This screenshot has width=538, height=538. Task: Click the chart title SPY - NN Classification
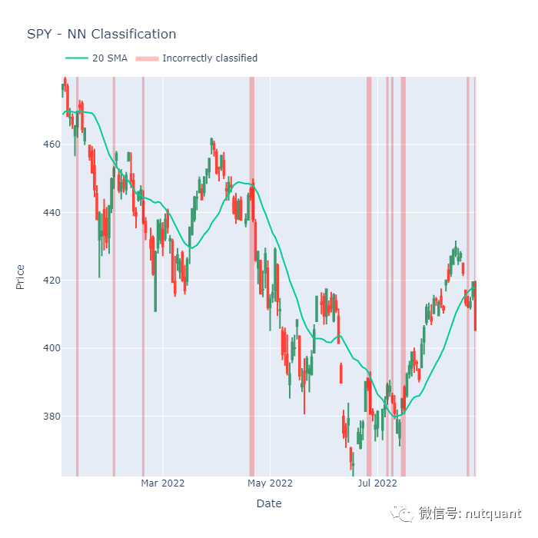[101, 34]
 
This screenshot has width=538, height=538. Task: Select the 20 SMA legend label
[110, 58]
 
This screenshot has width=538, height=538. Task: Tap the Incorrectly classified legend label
[210, 58]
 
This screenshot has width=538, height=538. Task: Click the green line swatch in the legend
[77, 58]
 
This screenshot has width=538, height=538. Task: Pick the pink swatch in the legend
[147, 58]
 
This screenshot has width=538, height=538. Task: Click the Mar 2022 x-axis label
[163, 483]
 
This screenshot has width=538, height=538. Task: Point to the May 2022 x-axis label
[271, 483]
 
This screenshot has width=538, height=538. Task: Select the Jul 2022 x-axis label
[377, 483]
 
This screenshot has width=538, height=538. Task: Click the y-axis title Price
[21, 277]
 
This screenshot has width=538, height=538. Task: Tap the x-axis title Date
[269, 503]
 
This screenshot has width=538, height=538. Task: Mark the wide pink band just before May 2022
[251, 277]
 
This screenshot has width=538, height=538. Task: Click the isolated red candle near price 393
[341, 373]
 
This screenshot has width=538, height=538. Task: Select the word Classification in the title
[133, 34]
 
